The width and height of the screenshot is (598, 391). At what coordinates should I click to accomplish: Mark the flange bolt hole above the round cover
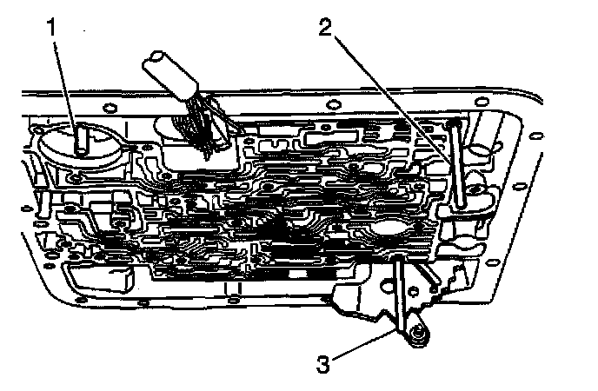[x=110, y=110]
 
